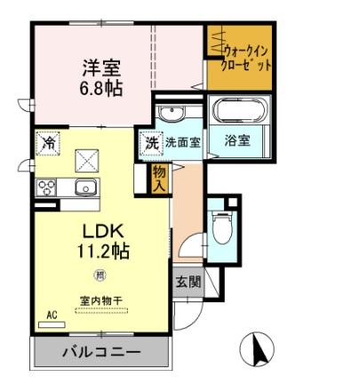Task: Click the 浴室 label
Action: pos(237,140)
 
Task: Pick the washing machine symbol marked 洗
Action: pos(151,141)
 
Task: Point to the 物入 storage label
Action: pos(159,177)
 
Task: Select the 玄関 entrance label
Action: pos(188,282)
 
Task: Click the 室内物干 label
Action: pos(100,301)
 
